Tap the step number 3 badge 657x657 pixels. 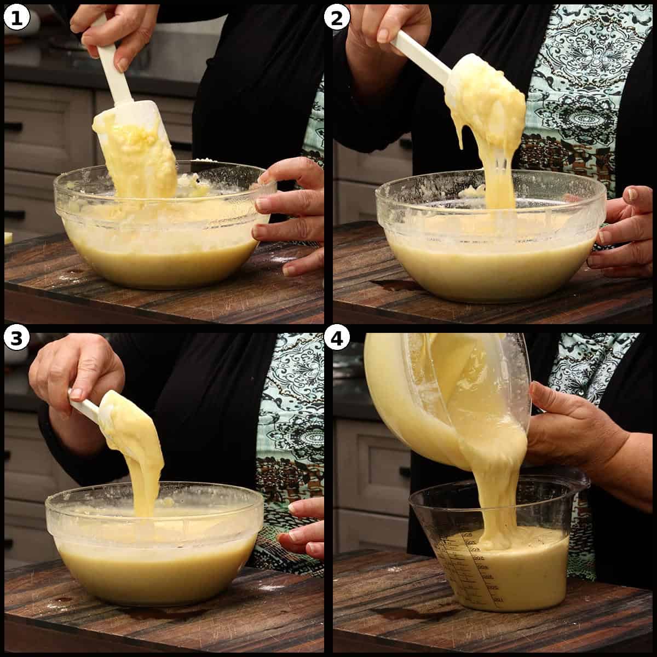click(x=16, y=339)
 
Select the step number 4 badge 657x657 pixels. click(x=337, y=339)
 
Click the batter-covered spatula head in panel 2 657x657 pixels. click(x=487, y=99)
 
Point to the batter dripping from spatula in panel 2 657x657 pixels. click(x=495, y=175)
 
